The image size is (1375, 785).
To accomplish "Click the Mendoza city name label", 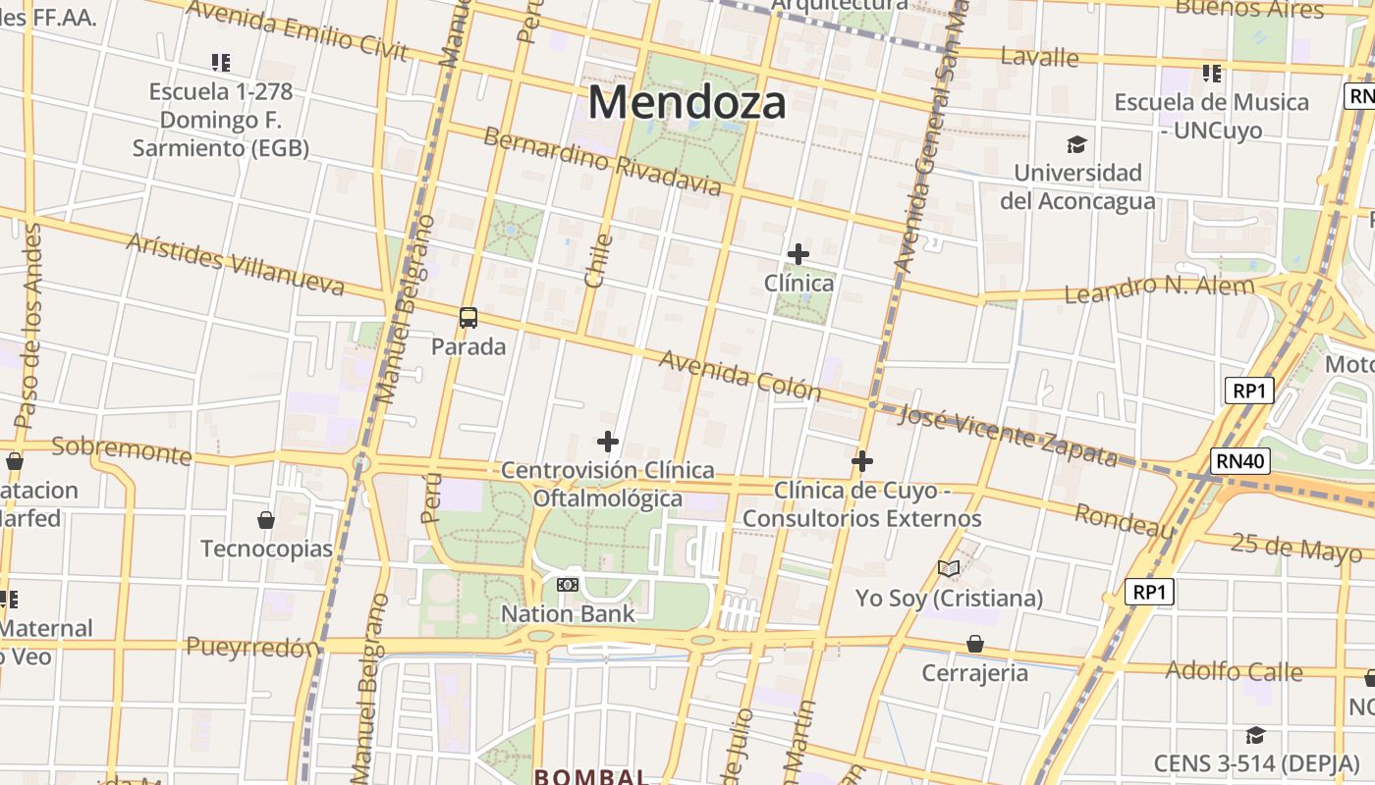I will tap(687, 102).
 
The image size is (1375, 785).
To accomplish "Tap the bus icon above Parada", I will tap(468, 318).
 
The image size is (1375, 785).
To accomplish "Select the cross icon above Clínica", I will tap(798, 254).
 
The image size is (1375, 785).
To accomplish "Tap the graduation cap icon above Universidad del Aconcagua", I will tap(1077, 145).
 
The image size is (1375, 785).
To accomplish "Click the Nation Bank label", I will tap(568, 614).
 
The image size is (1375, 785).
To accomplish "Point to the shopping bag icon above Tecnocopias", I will tap(266, 519).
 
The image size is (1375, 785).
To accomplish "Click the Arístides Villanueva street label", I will tap(236, 264).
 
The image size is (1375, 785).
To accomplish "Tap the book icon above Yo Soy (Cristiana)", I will tap(948, 569).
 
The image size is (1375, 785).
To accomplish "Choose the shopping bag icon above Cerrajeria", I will tap(975, 644).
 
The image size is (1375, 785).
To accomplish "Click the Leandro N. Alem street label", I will tap(1159, 289).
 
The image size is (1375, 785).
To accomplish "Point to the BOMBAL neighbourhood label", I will tap(591, 776).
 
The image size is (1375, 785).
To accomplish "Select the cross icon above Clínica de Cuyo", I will tap(862, 461).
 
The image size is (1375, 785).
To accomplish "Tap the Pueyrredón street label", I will tap(253, 647).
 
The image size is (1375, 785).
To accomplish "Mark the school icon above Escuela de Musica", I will tap(1212, 74).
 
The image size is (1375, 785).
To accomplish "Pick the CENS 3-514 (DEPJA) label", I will tap(1256, 762).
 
